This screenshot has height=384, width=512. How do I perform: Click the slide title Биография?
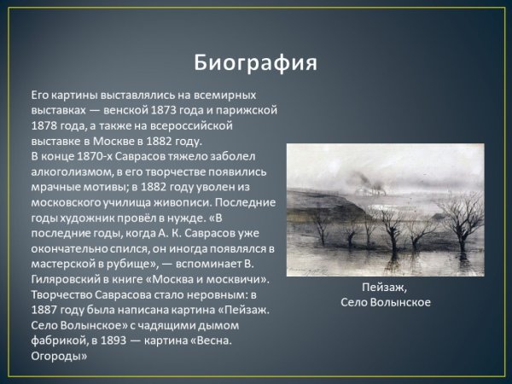coord(255,63)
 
